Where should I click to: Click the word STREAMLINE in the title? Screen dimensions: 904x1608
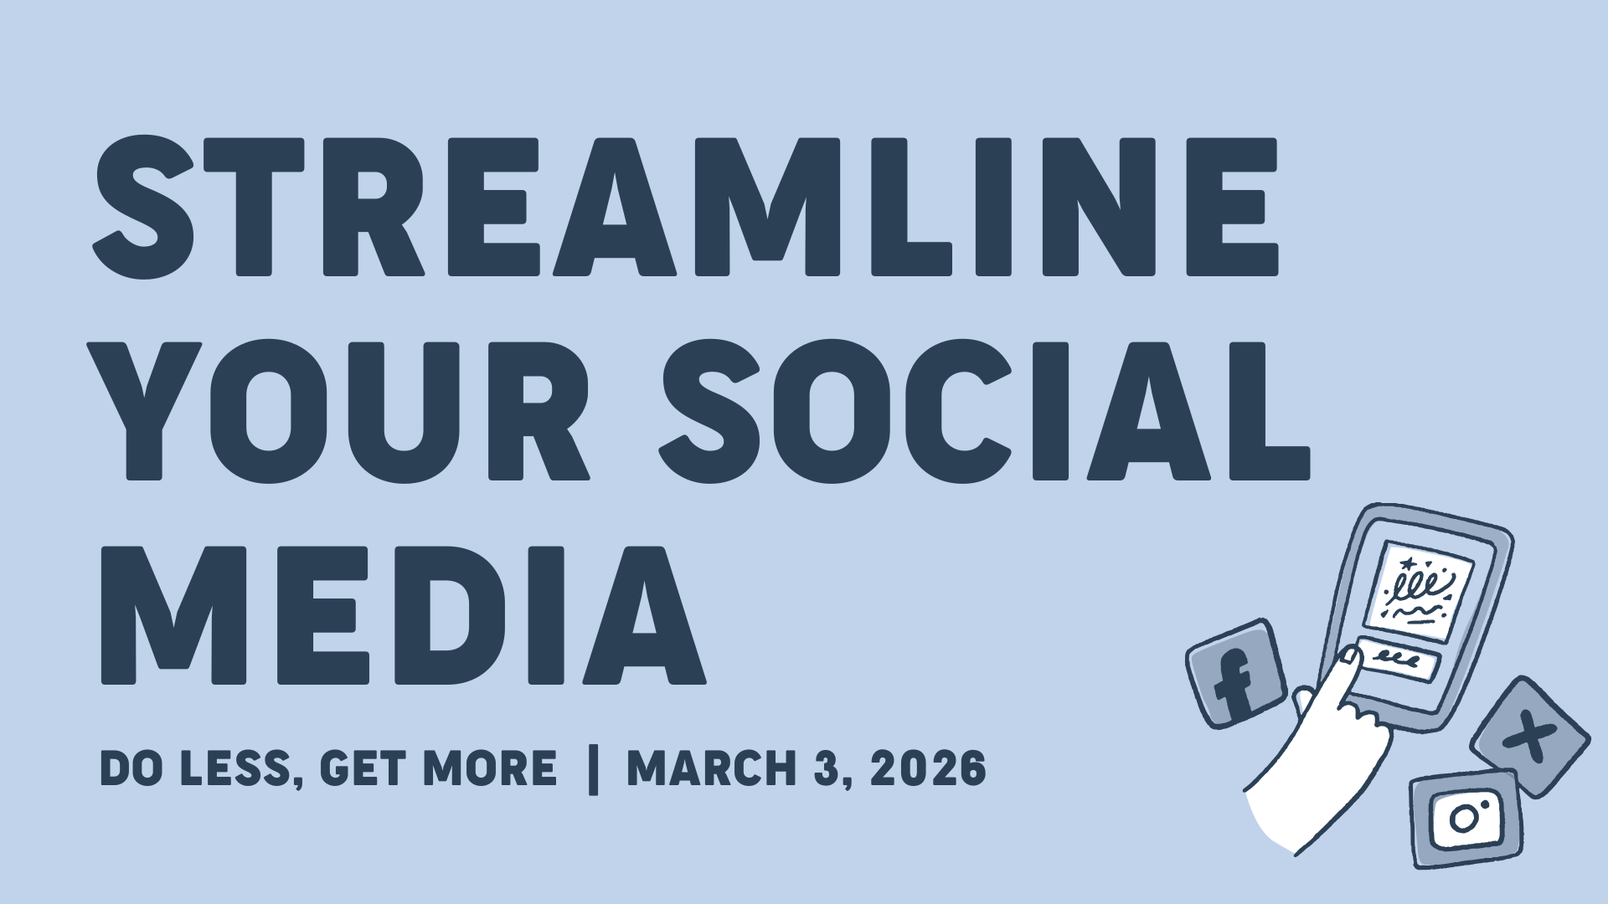click(x=685, y=206)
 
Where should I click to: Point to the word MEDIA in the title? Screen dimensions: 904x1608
click(x=403, y=616)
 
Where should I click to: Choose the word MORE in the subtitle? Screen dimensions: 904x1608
click(x=490, y=768)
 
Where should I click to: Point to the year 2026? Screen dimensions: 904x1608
click(x=928, y=768)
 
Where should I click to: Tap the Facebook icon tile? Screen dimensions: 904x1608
click(x=1236, y=673)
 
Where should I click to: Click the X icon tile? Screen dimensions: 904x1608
click(x=1530, y=736)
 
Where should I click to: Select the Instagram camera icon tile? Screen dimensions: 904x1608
click(x=1466, y=818)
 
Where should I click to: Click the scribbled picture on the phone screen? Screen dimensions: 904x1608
click(x=1417, y=591)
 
